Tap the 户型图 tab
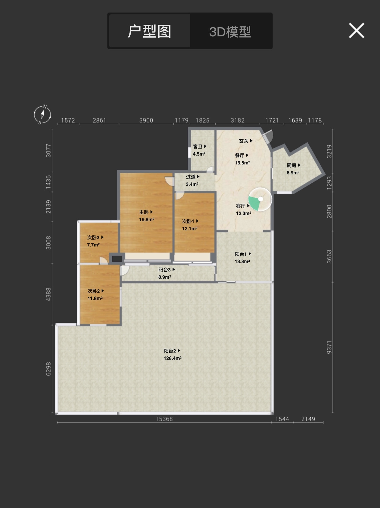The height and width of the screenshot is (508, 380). coord(150,31)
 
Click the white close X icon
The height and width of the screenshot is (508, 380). coord(356,31)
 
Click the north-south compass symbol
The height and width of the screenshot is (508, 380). coord(42,114)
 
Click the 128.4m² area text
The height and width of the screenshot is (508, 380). coord(173,358)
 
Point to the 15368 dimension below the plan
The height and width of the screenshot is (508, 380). coord(164,419)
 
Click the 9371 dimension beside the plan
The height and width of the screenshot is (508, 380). coord(329,348)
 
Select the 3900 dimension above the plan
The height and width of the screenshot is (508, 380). coord(146,120)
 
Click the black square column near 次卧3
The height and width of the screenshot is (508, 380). coord(117,259)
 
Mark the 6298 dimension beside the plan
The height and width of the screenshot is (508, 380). coord(48,369)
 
